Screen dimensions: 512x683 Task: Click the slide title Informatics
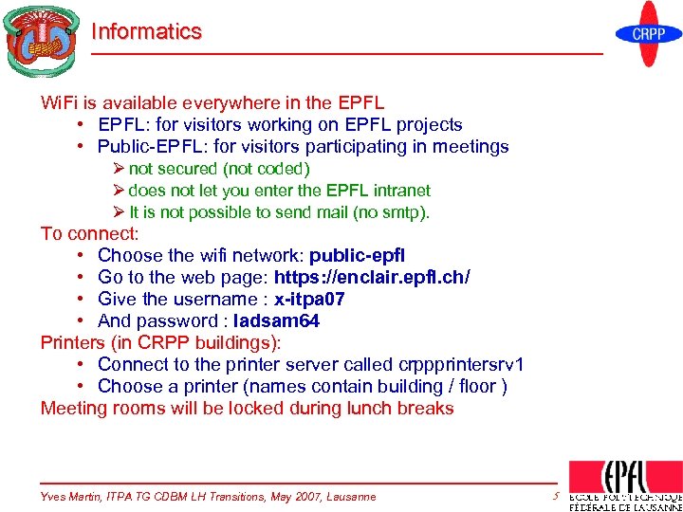[146, 31]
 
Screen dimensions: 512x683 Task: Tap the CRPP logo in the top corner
[648, 34]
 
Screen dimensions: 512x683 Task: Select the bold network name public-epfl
[358, 255]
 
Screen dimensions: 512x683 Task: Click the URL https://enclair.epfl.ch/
[372, 277]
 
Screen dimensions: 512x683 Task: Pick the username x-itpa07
[309, 299]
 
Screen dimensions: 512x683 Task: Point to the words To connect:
[89, 233]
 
